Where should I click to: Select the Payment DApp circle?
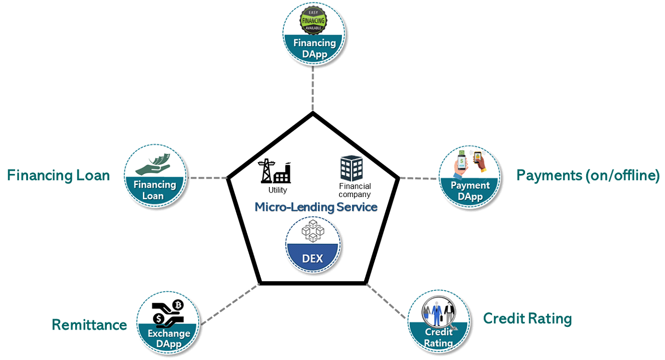[x=469, y=177]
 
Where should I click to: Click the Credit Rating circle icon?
[x=439, y=321]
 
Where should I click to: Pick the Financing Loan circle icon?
[x=155, y=176]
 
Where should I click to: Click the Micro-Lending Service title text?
[x=316, y=207]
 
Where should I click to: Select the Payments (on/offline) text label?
[x=588, y=175]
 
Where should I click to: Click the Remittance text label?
[x=89, y=325]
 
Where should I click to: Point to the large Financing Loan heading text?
[x=58, y=175]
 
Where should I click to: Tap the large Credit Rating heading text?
[x=527, y=318]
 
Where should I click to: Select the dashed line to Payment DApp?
[x=419, y=178]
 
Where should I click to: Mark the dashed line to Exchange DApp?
[x=229, y=304]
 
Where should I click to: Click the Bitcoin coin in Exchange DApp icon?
[x=178, y=305]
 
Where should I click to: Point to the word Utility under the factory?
[x=277, y=190]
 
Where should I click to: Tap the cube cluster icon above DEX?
[x=313, y=232]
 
